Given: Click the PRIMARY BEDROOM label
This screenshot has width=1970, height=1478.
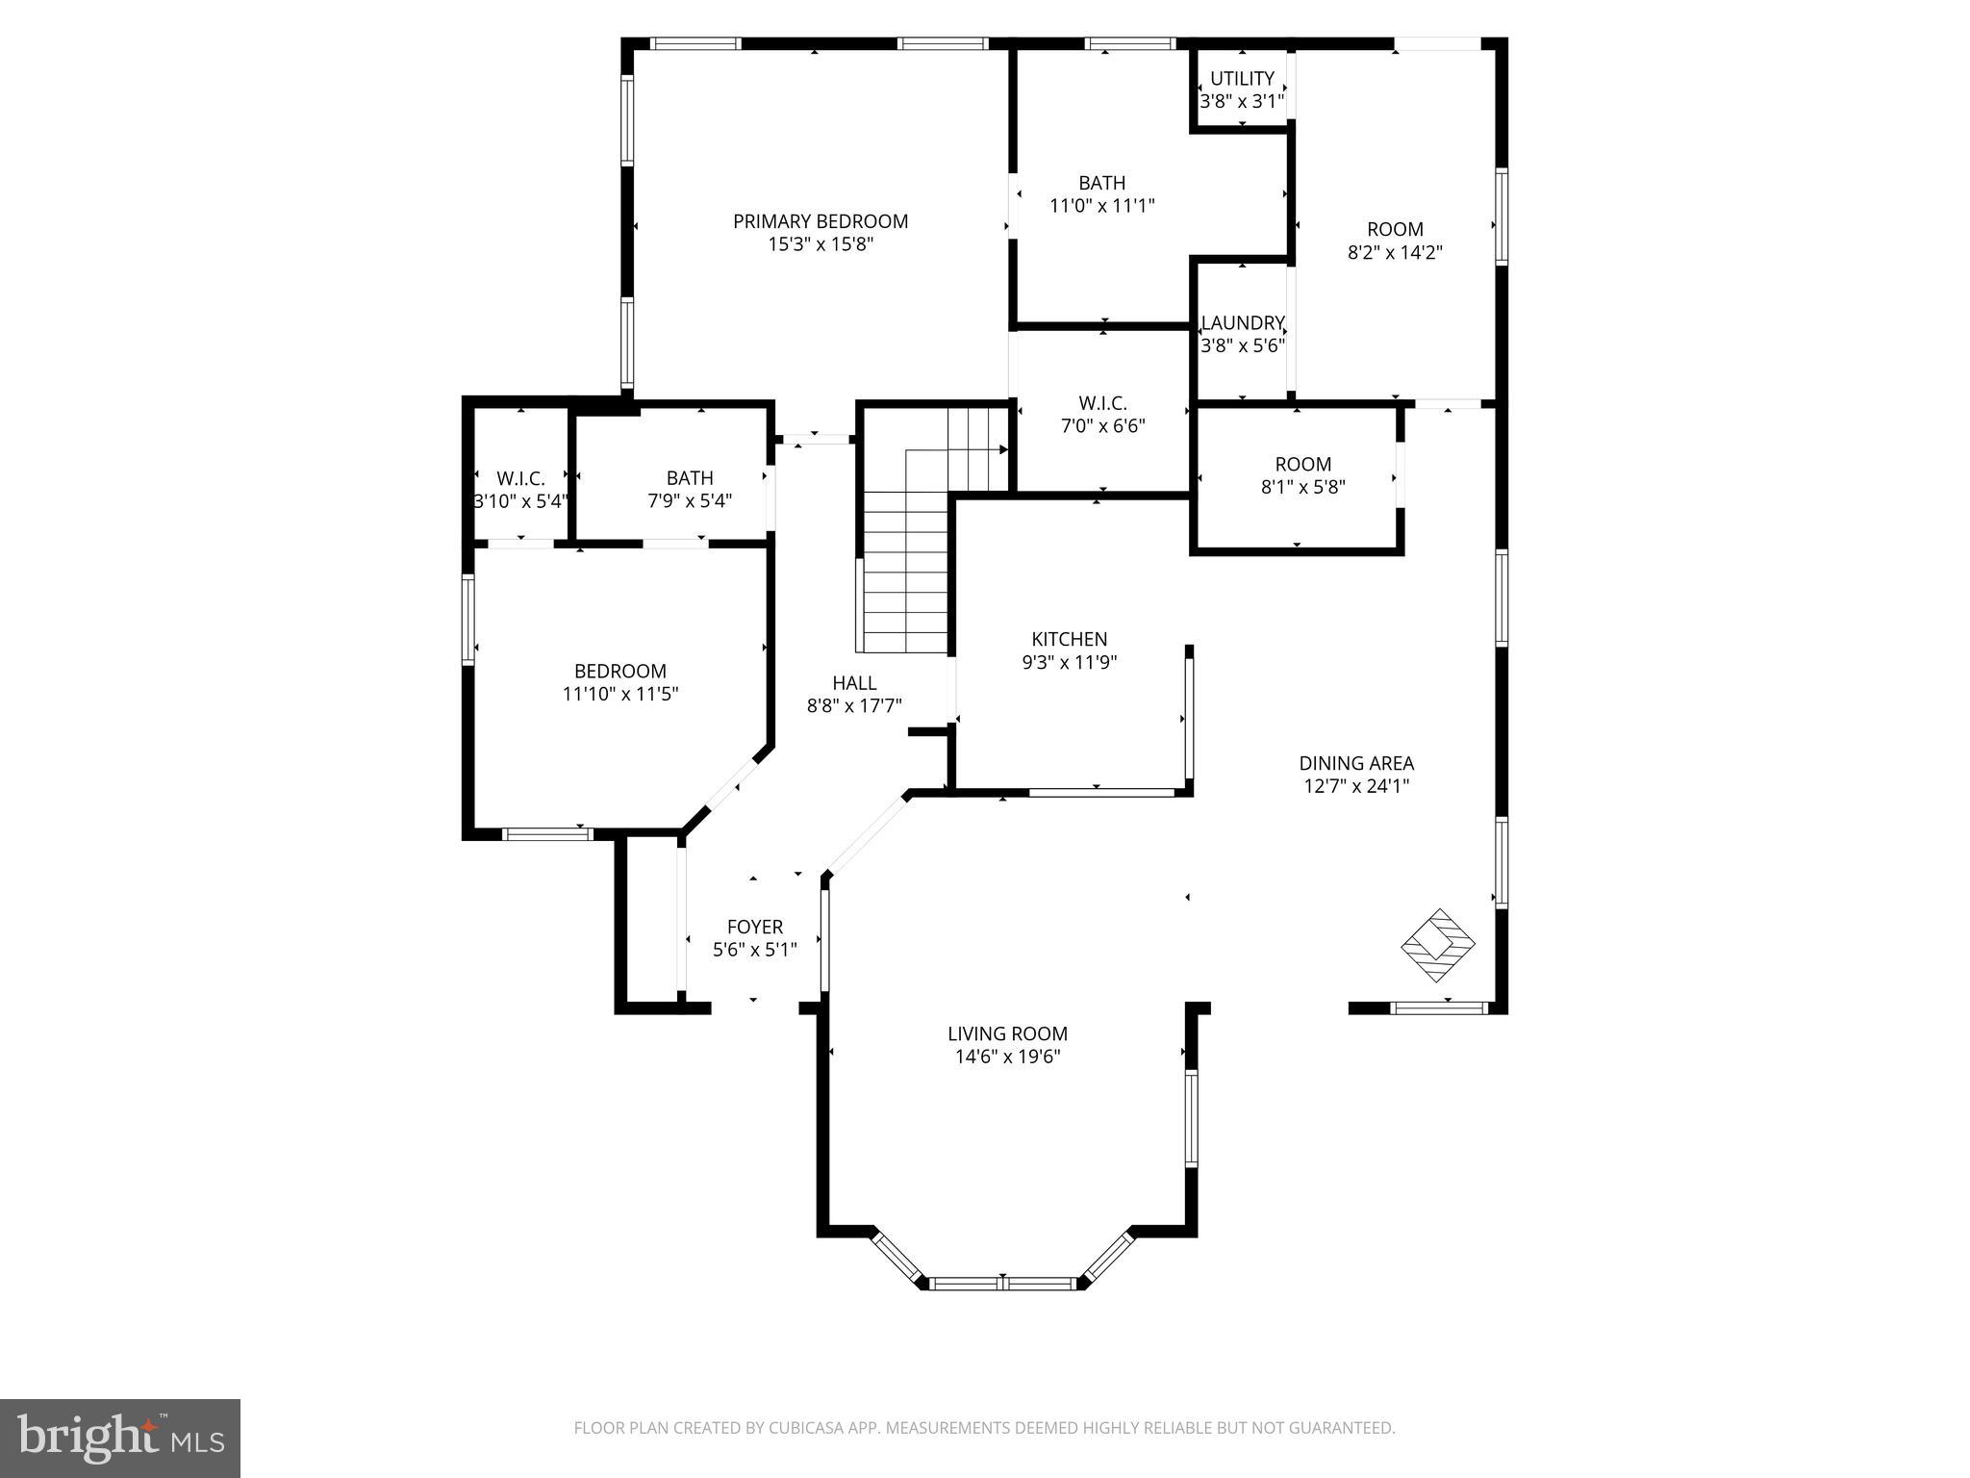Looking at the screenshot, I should tap(821, 221).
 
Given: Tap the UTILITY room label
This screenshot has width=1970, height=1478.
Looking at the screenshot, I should tap(1242, 79).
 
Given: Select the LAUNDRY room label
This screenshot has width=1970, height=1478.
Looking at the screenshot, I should tap(1243, 323).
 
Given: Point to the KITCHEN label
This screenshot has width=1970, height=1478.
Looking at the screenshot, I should tap(1070, 639).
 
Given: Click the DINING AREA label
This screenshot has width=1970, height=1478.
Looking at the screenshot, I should tap(1356, 763).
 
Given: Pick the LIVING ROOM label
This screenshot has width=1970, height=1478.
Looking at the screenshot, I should tap(1007, 1033).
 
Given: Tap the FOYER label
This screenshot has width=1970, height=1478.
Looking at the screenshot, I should tap(754, 927).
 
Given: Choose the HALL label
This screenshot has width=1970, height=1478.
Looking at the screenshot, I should tap(854, 683).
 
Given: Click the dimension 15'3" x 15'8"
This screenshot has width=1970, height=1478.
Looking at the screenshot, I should tap(821, 244).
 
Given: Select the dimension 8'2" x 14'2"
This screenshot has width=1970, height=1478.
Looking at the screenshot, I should tap(1395, 253).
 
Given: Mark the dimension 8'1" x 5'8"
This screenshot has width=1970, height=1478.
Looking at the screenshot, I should tap(1302, 488).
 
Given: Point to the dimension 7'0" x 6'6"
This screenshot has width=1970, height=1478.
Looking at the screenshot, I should tap(1102, 426).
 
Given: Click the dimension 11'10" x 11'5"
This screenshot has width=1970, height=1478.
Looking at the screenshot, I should tap(620, 694).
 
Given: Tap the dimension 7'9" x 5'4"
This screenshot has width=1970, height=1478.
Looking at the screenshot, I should tap(690, 501).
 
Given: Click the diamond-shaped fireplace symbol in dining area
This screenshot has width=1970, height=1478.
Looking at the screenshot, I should tap(1438, 945).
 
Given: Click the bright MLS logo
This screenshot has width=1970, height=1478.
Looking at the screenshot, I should tap(120, 1439).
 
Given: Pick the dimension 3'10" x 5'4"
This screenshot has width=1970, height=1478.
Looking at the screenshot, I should tap(520, 501).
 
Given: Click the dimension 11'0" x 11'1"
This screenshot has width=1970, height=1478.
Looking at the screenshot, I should tap(1101, 206).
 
